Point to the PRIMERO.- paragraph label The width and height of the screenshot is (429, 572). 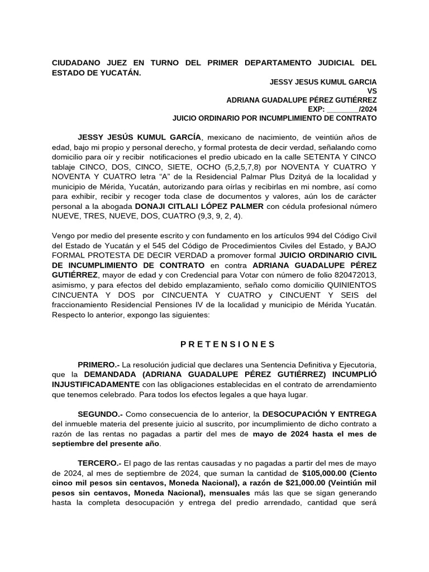98,364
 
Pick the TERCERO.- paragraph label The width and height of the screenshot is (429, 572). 99,464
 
